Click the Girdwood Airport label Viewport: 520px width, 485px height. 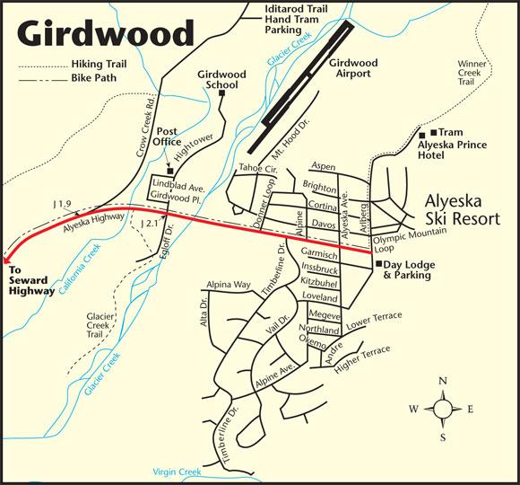[352, 69]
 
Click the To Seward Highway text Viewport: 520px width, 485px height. [30, 279]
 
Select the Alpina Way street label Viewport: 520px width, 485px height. [228, 285]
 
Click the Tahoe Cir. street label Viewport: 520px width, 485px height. [257, 169]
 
